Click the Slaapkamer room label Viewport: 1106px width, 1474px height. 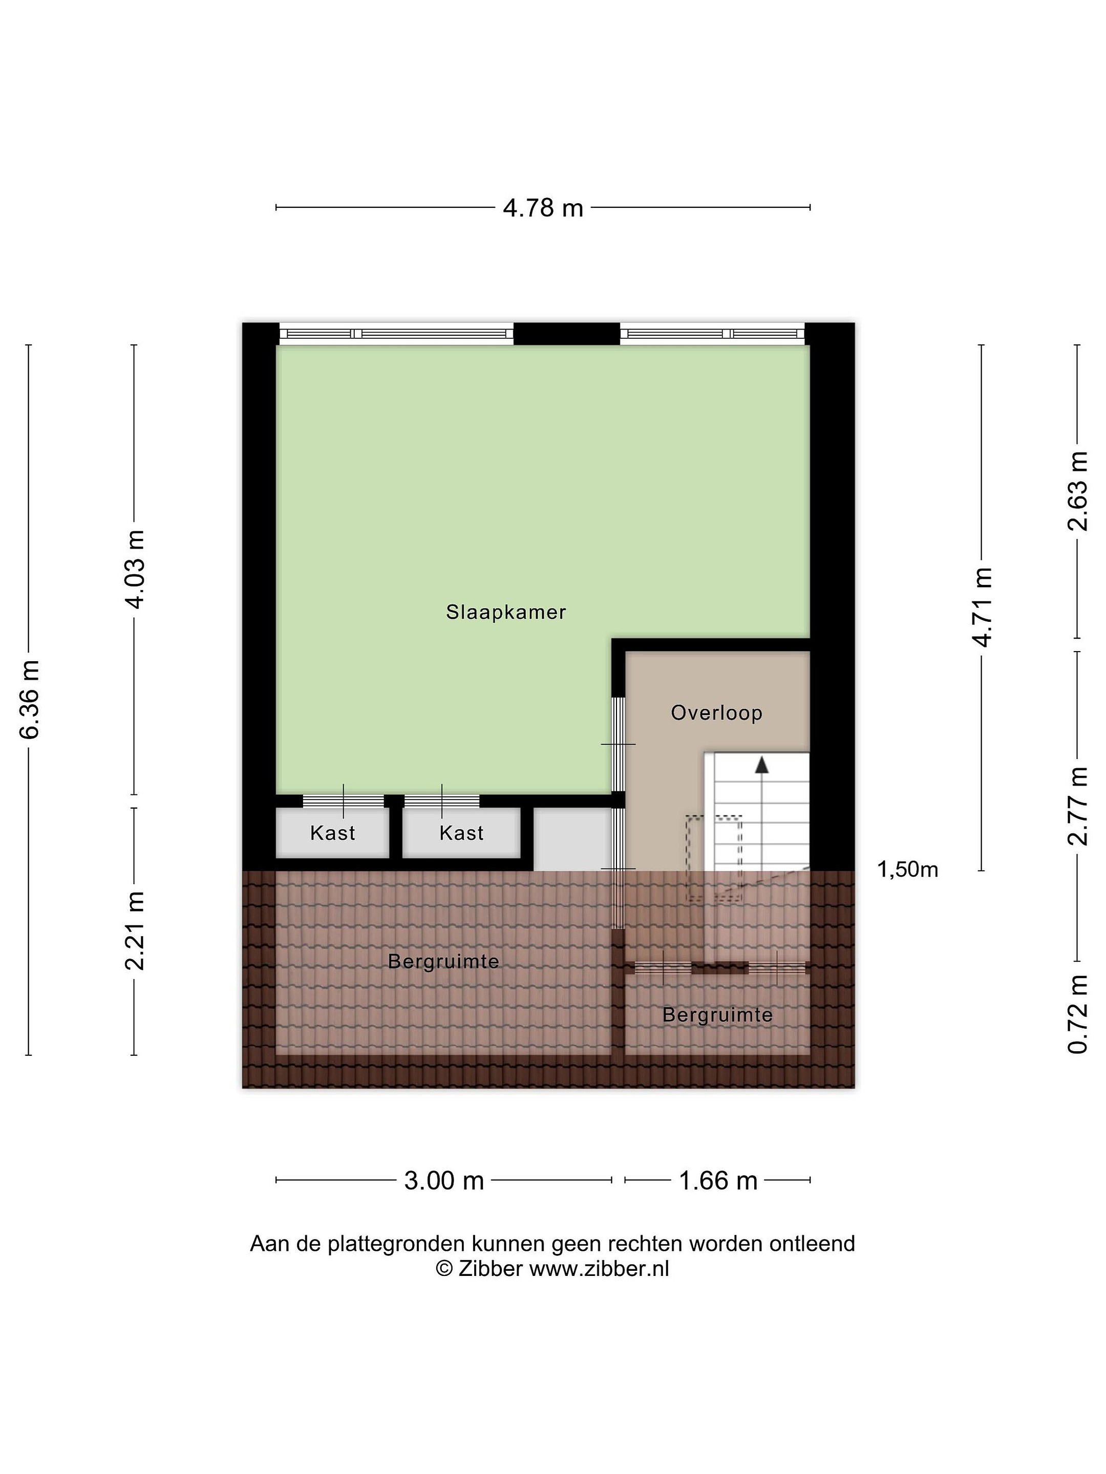[506, 612]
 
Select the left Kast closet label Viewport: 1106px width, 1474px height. [333, 833]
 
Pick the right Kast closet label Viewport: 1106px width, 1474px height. [461, 833]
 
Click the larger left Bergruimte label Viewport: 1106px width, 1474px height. [443, 962]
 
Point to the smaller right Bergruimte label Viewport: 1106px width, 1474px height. [717, 1015]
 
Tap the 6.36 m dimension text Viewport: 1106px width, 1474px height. [31, 699]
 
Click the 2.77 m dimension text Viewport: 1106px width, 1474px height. [1078, 806]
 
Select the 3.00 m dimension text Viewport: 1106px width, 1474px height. [444, 1181]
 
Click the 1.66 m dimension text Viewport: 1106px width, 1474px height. [718, 1181]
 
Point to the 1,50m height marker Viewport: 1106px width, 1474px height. [907, 869]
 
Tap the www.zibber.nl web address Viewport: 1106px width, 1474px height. [599, 1268]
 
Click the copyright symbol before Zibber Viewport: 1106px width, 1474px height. [444, 1268]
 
